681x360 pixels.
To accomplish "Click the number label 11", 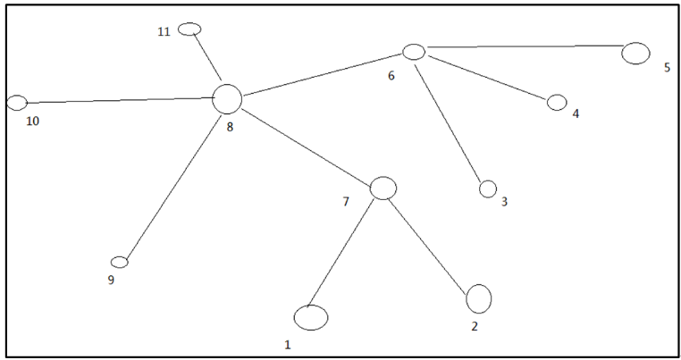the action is pos(164,31).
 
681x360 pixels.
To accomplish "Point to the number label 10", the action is pos(32,121).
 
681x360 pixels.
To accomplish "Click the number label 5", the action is pos(667,67).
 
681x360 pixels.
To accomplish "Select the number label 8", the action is pos(230,127).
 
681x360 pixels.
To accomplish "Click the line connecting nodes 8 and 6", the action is pos(324,74).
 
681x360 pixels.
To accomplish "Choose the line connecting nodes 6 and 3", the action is pos(448,124).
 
